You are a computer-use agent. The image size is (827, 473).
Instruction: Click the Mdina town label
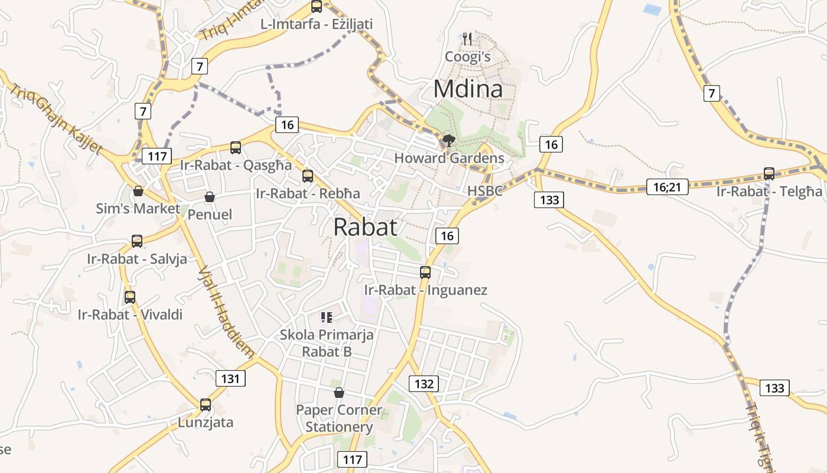468,89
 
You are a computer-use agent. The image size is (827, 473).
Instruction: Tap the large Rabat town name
365,227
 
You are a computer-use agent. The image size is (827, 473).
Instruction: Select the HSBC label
484,191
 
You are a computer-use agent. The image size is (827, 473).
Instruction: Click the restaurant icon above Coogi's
467,39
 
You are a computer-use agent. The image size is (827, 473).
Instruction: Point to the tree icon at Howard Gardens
448,141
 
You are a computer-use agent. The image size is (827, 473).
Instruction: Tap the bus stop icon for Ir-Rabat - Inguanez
425,273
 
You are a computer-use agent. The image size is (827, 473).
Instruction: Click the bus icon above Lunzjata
206,405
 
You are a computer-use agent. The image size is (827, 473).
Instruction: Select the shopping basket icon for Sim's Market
138,191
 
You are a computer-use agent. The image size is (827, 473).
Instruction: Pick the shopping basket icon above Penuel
209,197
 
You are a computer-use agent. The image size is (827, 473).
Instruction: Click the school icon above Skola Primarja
327,318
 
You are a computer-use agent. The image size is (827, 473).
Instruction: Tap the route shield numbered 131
230,378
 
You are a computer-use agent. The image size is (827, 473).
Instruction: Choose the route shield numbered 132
424,384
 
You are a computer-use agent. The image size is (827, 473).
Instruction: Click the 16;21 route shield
667,187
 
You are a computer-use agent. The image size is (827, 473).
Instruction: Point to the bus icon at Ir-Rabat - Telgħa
769,173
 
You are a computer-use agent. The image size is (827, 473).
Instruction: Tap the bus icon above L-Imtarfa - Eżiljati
317,7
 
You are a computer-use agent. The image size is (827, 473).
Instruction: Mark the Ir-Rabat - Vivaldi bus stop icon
130,297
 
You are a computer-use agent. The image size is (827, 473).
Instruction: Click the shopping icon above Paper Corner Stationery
339,393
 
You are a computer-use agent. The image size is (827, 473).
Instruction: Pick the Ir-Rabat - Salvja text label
137,259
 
